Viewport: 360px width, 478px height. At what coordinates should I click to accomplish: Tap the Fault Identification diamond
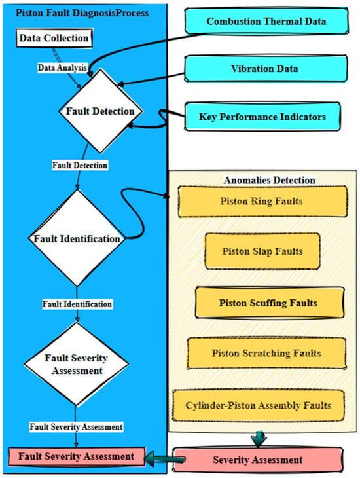point(77,239)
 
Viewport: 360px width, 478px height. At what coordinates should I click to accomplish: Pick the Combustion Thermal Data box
point(266,22)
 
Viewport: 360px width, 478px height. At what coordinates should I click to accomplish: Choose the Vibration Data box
point(265,68)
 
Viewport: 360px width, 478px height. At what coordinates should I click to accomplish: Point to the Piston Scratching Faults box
point(266,353)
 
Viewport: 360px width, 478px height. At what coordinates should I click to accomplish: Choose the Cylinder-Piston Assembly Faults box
point(262,405)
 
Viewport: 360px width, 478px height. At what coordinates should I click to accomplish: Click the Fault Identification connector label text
point(77,304)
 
